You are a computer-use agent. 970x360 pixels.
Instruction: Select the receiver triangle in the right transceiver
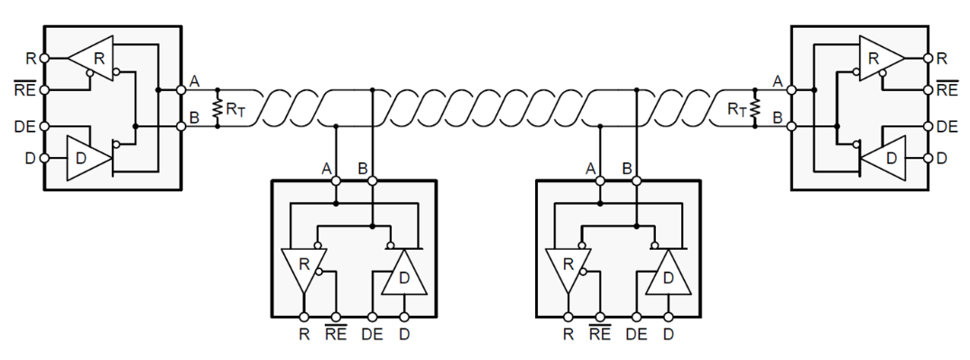pos(879,59)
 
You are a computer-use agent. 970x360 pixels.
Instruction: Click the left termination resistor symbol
pos(217,109)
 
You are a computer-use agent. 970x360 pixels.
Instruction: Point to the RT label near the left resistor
pos(235,110)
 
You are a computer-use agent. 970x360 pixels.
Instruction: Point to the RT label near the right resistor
pos(736,110)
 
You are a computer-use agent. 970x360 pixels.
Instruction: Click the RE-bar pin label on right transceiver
pos(947,89)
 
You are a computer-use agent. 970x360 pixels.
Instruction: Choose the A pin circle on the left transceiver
pos(181,89)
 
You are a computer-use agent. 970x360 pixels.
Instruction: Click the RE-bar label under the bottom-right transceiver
pos(600,334)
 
